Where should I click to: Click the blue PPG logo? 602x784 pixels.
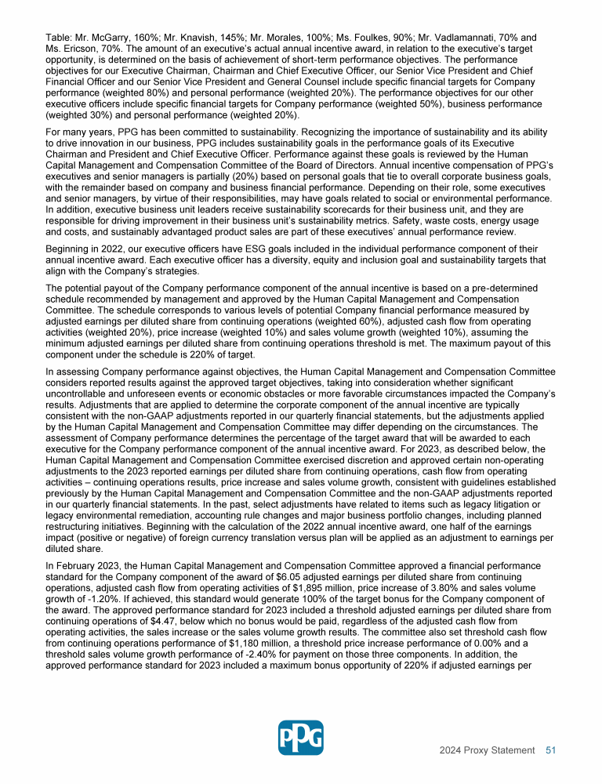point(300,738)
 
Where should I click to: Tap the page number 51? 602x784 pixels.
point(550,750)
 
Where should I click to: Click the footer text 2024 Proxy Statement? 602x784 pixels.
point(487,750)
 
